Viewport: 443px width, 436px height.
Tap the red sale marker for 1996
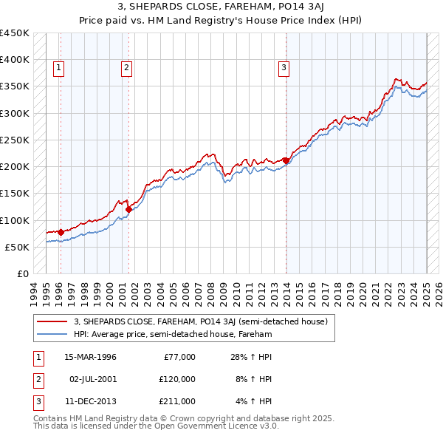click(61, 233)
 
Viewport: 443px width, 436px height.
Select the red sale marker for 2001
click(129, 209)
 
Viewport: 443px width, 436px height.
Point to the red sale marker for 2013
click(286, 160)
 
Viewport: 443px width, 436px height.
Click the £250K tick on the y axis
click(15, 140)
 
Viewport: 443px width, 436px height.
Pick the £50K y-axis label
click(18, 247)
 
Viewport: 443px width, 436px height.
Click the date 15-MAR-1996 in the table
click(91, 357)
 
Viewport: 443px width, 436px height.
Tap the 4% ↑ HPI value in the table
click(254, 401)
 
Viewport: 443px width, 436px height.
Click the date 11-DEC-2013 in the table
click(91, 401)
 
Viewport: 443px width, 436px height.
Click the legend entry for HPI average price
click(173, 335)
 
